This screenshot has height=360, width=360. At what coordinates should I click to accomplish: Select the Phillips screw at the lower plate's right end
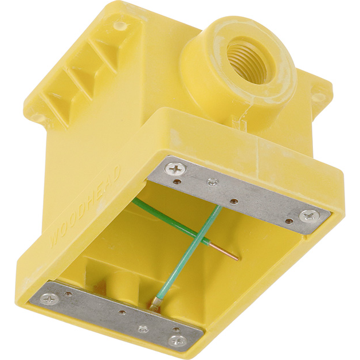point(178,340)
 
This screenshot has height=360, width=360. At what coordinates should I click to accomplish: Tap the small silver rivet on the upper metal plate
point(213,182)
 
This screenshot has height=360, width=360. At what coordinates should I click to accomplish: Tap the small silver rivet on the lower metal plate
point(143,329)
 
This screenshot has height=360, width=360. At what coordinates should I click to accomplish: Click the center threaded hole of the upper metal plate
point(234,202)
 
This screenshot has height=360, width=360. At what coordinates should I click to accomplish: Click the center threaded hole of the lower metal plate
point(122,312)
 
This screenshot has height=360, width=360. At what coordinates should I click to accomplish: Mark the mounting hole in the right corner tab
point(316,97)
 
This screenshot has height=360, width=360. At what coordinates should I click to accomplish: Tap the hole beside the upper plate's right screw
point(288,220)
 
